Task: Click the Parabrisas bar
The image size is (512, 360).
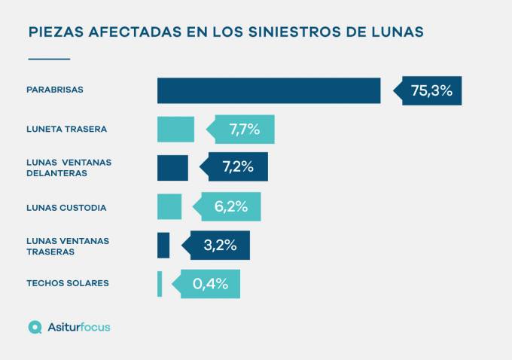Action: (269, 90)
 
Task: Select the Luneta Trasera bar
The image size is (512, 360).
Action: (175, 129)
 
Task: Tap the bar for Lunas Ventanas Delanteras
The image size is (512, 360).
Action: (172, 167)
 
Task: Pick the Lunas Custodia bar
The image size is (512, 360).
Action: (169, 206)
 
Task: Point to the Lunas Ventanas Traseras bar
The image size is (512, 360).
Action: (163, 245)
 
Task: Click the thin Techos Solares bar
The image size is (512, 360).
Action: (160, 284)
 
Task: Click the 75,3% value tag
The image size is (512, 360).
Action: (431, 90)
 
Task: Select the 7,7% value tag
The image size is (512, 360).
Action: (244, 129)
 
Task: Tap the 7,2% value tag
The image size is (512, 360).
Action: (236, 167)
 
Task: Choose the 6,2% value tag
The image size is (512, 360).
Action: (230, 206)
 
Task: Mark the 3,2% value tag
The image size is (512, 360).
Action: (220, 245)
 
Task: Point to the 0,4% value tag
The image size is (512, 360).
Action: (210, 284)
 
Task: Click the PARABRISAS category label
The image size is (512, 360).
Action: (54, 90)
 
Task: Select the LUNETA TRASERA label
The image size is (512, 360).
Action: (66, 129)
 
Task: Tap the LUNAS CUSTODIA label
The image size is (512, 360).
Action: (66, 207)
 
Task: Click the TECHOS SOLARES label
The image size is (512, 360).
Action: (67, 283)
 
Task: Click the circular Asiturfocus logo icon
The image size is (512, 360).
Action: (35, 327)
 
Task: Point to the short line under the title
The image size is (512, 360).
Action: (48, 59)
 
